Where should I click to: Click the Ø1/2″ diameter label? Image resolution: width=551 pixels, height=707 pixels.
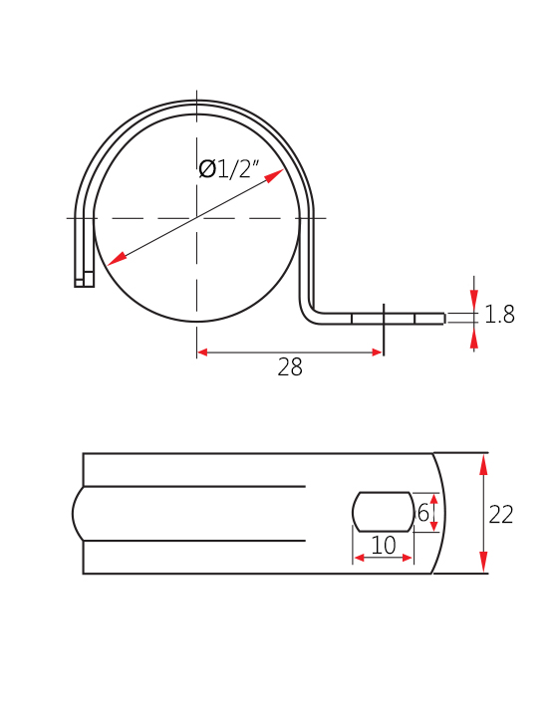pyautogui.click(x=229, y=169)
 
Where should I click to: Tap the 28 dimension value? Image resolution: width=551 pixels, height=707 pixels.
pyautogui.click(x=290, y=367)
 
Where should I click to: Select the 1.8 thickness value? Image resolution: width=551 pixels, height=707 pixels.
pyautogui.click(x=499, y=315)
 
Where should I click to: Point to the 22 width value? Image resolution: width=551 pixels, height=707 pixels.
pyautogui.click(x=501, y=515)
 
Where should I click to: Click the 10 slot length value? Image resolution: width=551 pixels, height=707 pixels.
pyautogui.click(x=384, y=545)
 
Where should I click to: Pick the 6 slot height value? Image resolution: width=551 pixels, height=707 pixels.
pyautogui.click(x=423, y=513)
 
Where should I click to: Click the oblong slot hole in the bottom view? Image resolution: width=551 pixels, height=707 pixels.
pyautogui.click(x=384, y=512)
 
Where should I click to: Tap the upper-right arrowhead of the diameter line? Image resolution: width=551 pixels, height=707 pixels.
pyautogui.click(x=274, y=176)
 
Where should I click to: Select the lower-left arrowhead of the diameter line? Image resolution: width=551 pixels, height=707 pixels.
pyautogui.click(x=118, y=259)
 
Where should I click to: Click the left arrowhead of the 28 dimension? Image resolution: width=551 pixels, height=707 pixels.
pyautogui.click(x=202, y=353)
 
